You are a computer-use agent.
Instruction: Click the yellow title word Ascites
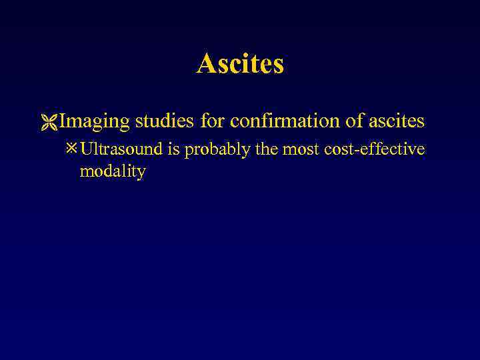[x=240, y=64]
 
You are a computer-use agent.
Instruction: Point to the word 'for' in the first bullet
[x=212, y=121]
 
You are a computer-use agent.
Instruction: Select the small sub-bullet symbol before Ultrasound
[x=71, y=149]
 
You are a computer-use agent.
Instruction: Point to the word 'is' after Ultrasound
[x=174, y=149]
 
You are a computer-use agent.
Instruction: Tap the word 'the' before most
[x=266, y=149]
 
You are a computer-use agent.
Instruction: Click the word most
[x=297, y=149]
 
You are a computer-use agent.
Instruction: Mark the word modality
[x=112, y=171]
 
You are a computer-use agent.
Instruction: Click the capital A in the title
[x=205, y=64]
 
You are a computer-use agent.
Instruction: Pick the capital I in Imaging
[x=62, y=121]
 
